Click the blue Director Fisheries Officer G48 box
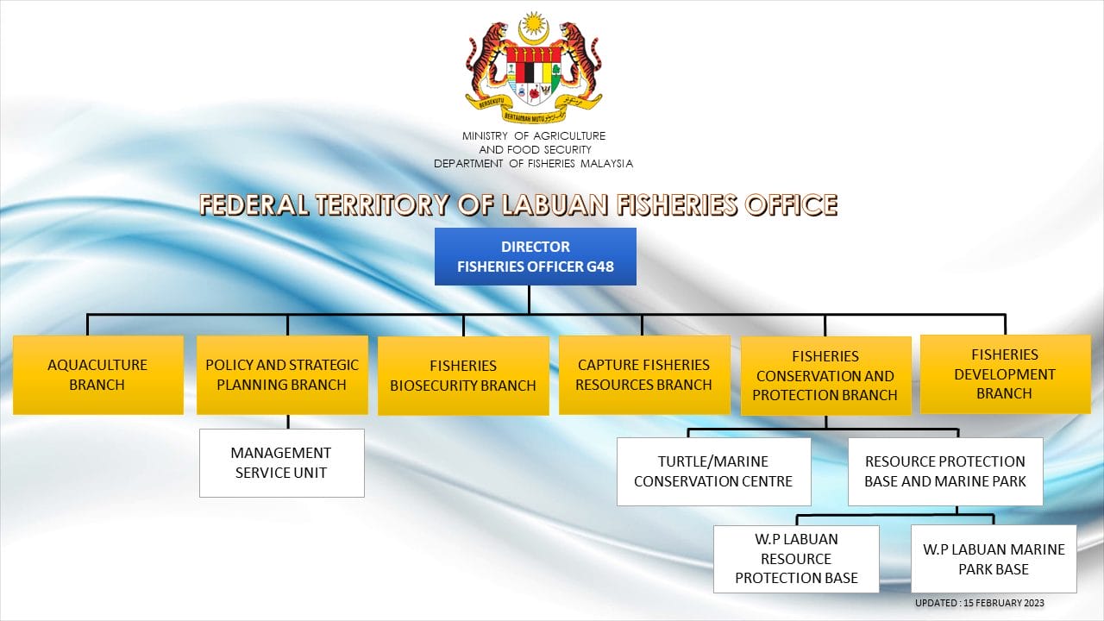pyautogui.click(x=536, y=256)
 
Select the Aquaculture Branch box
pyautogui.click(x=98, y=374)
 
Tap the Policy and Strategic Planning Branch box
pyautogui.click(x=282, y=374)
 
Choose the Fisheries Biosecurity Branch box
pyautogui.click(x=463, y=375)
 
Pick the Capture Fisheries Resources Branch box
pyautogui.click(x=644, y=374)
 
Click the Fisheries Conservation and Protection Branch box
pyautogui.click(x=825, y=375)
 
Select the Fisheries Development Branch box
pyautogui.click(x=1006, y=374)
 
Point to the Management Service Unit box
pyautogui.click(x=282, y=463)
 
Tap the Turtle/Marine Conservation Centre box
pyautogui.click(x=713, y=472)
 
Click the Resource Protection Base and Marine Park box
pyautogui.click(x=945, y=472)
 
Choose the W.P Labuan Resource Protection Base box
pyautogui.click(x=796, y=559)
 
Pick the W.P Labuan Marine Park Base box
pyautogui.click(x=994, y=559)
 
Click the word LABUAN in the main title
pyautogui.click(x=555, y=205)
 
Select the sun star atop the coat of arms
pyautogui.click(x=533, y=23)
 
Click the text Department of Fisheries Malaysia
pyautogui.click(x=533, y=164)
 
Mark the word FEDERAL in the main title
pyautogui.click(x=254, y=205)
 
